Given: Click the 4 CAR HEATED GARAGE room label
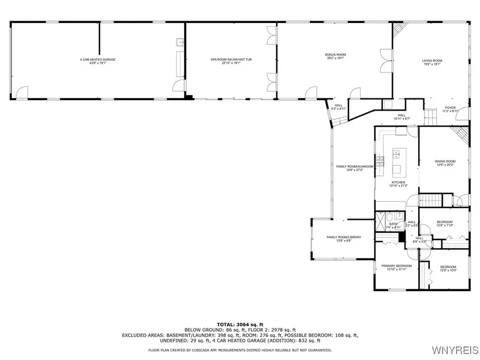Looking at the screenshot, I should [x=98, y=59].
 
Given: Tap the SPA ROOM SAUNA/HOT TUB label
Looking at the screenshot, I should [x=231, y=59].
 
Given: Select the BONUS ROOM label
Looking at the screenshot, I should [x=335, y=55].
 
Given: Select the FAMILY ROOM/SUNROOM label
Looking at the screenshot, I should [x=355, y=166].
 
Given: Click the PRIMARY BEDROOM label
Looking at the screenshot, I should [x=396, y=266].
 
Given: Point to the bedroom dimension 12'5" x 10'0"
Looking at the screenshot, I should [x=448, y=270].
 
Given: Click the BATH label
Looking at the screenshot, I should [x=393, y=223].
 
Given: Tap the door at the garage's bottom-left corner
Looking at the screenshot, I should [x=21, y=94].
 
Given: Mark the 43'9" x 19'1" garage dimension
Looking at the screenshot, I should [x=98, y=63].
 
